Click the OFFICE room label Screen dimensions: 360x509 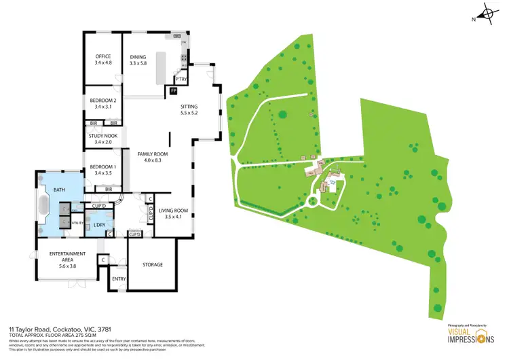pyautogui.click(x=103, y=56)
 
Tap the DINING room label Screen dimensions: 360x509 pyautogui.click(x=138, y=56)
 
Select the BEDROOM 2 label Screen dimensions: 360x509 pyautogui.click(x=103, y=101)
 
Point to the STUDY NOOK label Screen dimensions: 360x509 pyautogui.click(x=103, y=136)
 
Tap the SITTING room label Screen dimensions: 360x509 pyautogui.click(x=189, y=107)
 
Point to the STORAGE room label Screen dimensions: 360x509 pyautogui.click(x=153, y=264)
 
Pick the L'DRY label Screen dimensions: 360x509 pyautogui.click(x=98, y=223)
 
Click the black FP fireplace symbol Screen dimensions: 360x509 pyautogui.click(x=174, y=90)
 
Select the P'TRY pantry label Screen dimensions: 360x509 pyautogui.click(x=181, y=78)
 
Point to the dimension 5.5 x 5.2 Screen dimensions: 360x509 pyautogui.click(x=189, y=113)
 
